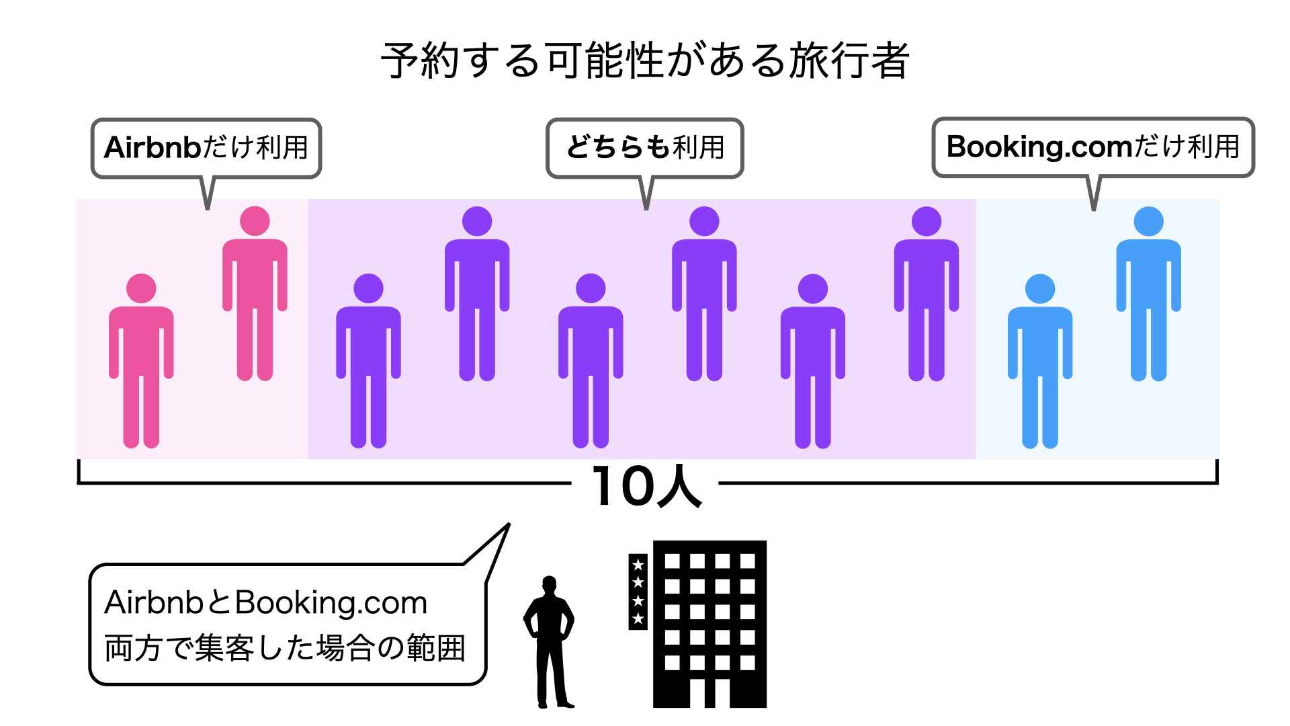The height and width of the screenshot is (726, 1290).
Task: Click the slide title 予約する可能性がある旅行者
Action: click(645, 61)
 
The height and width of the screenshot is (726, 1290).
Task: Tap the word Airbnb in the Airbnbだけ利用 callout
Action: click(153, 147)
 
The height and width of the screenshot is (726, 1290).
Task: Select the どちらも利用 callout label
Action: click(645, 147)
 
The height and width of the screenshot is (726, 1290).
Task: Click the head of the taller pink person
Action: click(255, 221)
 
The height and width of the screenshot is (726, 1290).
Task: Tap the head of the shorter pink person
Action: click(141, 288)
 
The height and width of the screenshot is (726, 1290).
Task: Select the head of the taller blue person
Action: click(1148, 221)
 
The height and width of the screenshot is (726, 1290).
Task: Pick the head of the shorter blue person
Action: click(1040, 288)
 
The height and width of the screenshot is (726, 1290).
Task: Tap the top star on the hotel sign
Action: click(638, 565)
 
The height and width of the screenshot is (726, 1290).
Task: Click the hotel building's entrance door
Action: click(709, 693)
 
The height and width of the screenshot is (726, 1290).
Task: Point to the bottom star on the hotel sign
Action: click(638, 618)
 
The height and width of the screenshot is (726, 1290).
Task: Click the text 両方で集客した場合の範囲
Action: click(285, 649)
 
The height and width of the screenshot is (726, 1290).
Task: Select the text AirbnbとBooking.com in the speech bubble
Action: click(266, 603)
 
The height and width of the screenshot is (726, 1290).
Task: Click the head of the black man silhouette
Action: click(550, 584)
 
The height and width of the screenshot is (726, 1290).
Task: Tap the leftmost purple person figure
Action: click(368, 361)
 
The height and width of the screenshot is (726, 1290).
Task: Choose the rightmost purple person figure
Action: click(927, 294)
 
